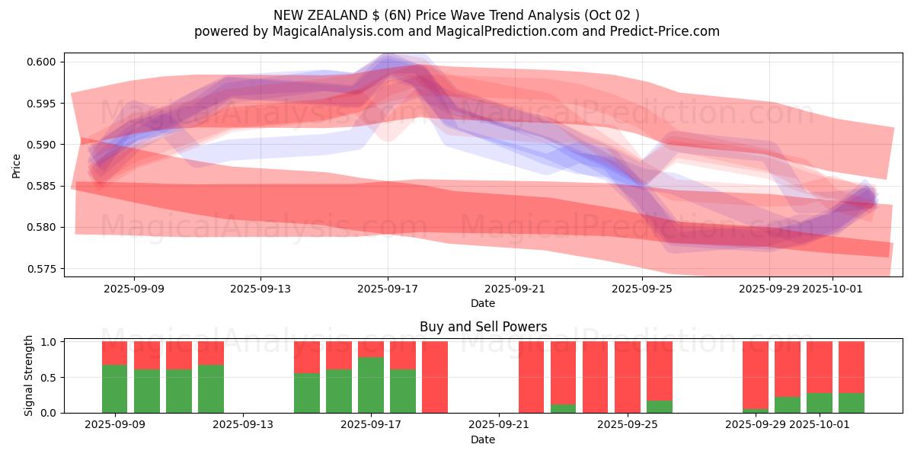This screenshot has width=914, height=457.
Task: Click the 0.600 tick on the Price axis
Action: (x=45, y=62)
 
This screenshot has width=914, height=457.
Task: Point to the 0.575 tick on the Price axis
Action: (x=45, y=269)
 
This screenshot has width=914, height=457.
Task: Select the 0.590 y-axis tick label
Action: (x=45, y=145)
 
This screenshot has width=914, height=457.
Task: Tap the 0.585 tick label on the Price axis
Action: (x=45, y=186)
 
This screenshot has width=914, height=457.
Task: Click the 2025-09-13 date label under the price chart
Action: (x=260, y=289)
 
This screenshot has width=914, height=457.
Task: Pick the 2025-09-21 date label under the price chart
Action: (x=515, y=289)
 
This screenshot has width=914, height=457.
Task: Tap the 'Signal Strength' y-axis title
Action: (x=29, y=376)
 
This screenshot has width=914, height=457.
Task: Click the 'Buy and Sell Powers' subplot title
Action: (x=483, y=327)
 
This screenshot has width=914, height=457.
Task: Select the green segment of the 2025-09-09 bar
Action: (x=115, y=388)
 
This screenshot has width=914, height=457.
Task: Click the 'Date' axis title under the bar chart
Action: (x=483, y=439)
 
